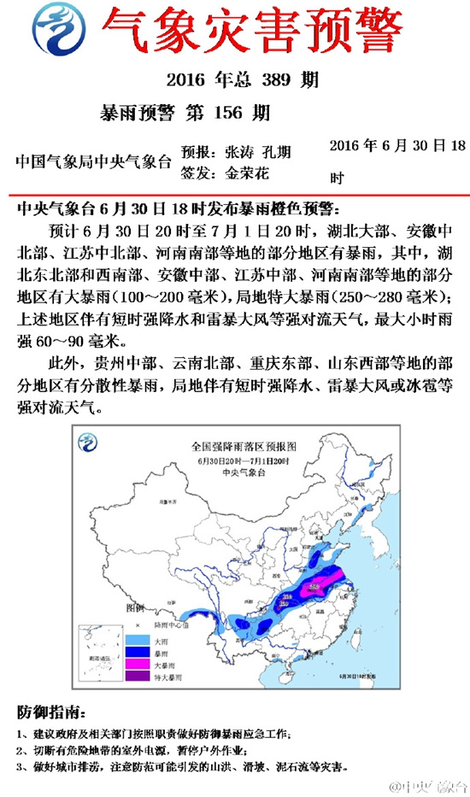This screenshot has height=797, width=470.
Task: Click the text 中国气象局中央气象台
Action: tap(94, 161)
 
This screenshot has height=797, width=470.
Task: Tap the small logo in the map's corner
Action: tap(88, 442)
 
